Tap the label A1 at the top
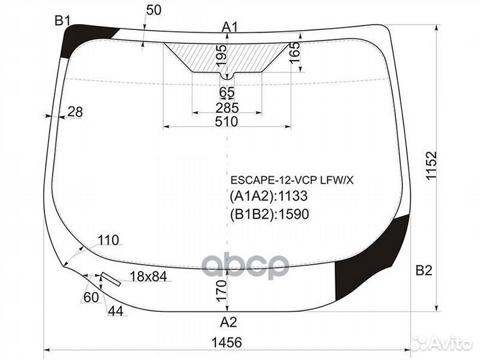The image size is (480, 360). pos(230,27)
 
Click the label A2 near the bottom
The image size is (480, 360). pos(229,321)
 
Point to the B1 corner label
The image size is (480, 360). pos(62,22)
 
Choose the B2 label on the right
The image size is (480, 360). pos(424,271)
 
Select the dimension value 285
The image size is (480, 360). pos(227,108)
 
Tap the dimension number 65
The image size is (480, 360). pos(227,92)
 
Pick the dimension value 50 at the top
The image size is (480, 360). pos(154,10)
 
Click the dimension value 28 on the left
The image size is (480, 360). pos(75,112)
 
